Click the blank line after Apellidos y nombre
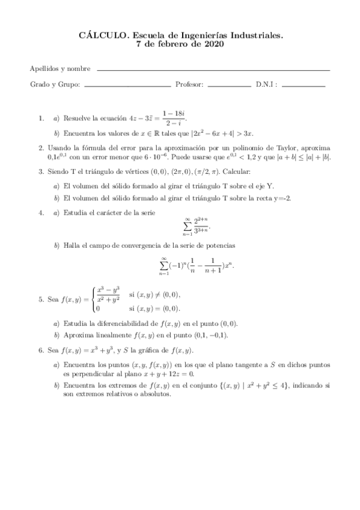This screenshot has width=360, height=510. tap(213, 70)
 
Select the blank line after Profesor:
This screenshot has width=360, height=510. tap(229, 87)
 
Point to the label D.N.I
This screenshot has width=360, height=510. tap(266, 85)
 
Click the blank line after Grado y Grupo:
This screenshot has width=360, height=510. tap(127, 87)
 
